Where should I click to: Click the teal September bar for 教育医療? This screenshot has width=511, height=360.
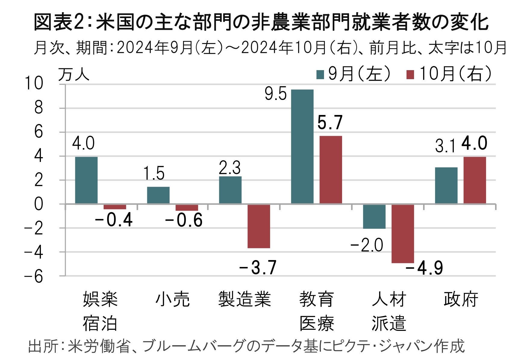(x=302, y=147)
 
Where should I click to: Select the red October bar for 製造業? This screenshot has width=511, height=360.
(x=259, y=226)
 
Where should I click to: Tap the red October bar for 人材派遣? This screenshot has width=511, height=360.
(x=403, y=234)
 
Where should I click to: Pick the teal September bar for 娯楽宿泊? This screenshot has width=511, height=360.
(x=86, y=180)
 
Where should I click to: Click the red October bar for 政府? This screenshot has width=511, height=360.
(x=475, y=180)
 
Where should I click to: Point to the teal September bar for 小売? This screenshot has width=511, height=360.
(x=158, y=195)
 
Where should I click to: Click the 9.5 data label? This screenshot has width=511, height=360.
(x=276, y=95)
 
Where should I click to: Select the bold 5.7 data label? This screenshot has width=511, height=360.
(x=330, y=123)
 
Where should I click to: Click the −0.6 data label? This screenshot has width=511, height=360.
(x=184, y=221)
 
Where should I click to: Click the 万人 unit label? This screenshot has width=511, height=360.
(x=74, y=74)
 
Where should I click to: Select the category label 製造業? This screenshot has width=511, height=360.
(x=245, y=299)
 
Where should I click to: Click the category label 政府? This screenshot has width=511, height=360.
(x=461, y=299)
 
